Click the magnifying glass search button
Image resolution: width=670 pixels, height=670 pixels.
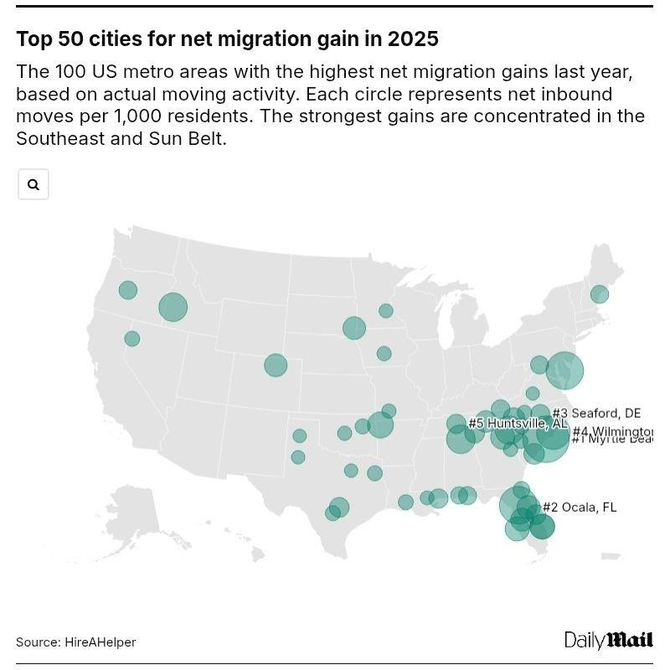pos(33,184)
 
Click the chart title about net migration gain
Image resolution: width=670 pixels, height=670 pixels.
pos(227,39)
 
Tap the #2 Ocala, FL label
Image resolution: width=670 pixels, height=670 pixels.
pos(579,507)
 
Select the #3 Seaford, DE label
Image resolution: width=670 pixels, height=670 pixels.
pos(596,413)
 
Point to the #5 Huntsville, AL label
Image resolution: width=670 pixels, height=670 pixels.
pos(518,424)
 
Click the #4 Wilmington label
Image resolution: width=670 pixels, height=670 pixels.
pos(611,431)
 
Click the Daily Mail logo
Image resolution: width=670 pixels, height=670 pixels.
pos(608,641)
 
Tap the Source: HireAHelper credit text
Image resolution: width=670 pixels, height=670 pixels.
pos(75,642)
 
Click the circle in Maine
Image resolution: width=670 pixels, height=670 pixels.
pos(599,294)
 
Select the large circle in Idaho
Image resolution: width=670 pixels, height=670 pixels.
pos(173,307)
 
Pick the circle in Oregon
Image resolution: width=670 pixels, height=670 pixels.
pos(127,290)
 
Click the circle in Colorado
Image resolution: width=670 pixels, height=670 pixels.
pos(276,365)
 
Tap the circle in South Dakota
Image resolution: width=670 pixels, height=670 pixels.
pos(354,327)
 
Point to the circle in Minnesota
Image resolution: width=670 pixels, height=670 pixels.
pos(385,311)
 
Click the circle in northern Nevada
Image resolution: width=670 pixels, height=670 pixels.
pos(131,338)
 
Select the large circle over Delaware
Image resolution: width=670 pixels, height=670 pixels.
pos(564,370)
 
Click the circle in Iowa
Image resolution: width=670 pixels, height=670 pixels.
pos(384,353)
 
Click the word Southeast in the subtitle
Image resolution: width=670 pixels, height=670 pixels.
pos(59,138)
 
